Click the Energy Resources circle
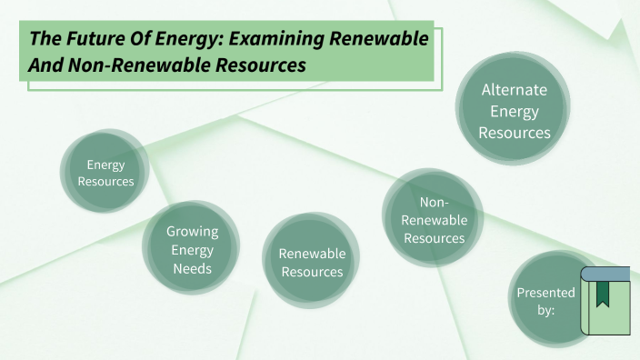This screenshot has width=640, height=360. pos(105,173)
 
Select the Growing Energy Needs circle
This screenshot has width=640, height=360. pos(191,249)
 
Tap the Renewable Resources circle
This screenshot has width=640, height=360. pos(311,262)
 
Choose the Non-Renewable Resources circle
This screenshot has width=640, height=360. pos(433,220)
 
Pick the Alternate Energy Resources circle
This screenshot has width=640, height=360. pos(515,111)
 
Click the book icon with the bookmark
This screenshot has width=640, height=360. pos(605,301)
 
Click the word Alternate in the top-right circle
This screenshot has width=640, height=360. pos(515,90)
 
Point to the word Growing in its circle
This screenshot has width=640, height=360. pos(192,231)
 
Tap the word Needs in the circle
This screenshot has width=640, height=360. pos(192,269)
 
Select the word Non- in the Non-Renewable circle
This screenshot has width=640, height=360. pos(434,201)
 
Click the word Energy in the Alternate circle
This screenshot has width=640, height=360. pos(515,111)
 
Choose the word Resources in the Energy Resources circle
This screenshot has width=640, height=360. pos(105,182)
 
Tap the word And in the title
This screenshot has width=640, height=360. pos(45,65)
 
